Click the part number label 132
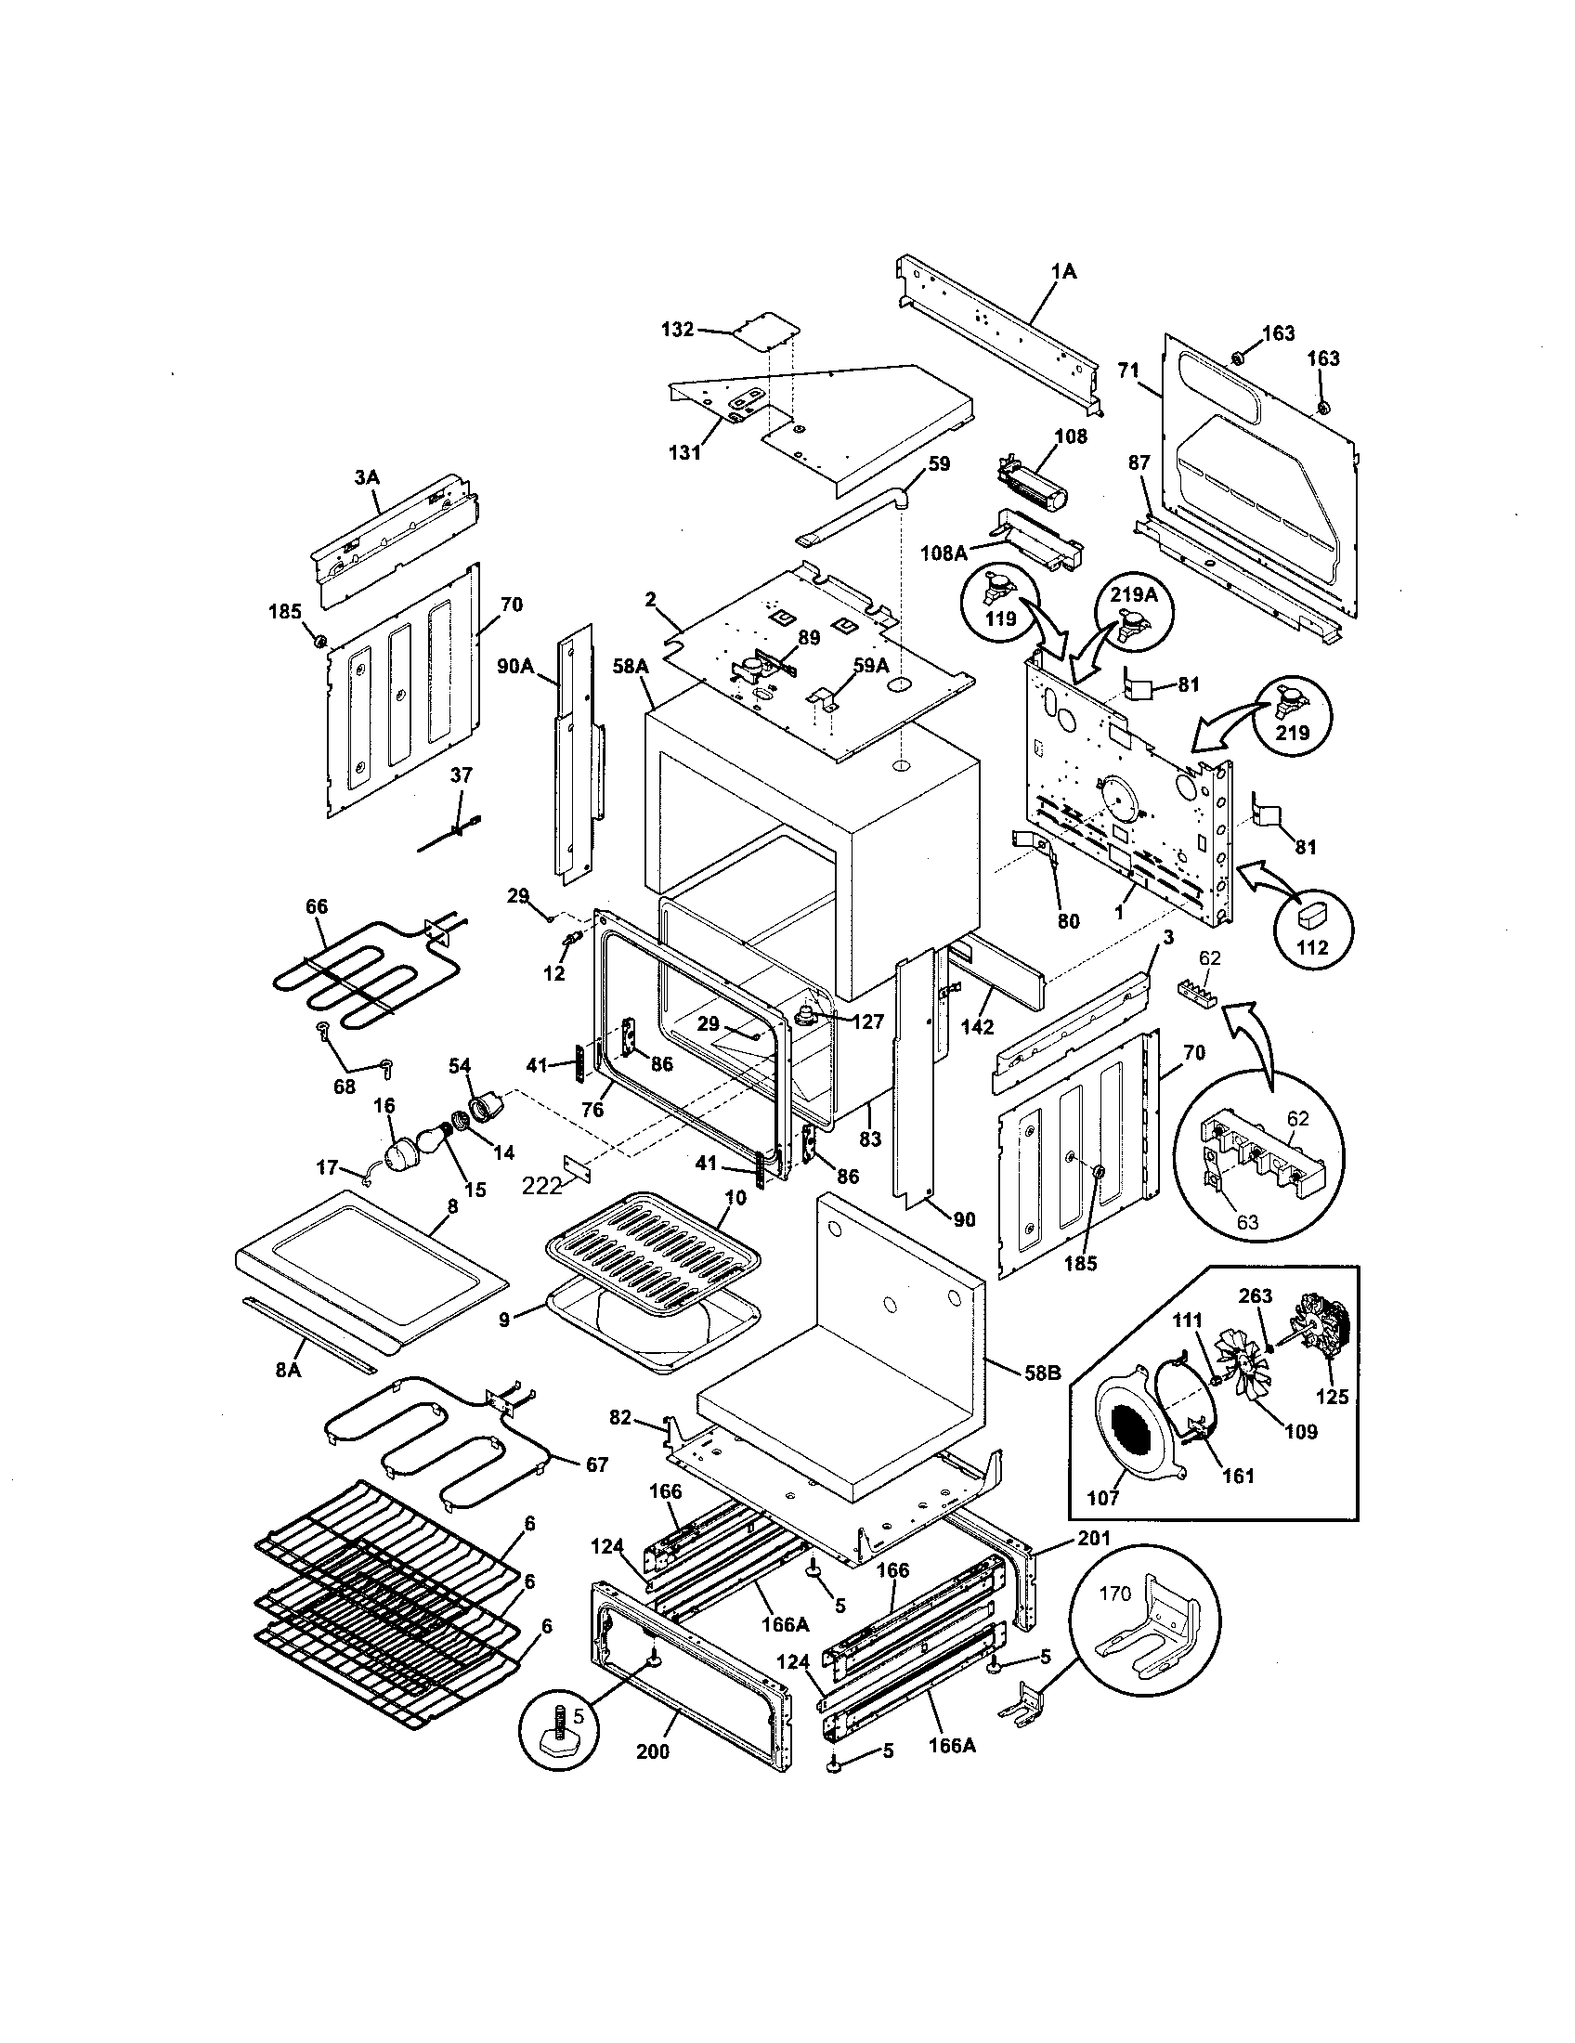pyautogui.click(x=677, y=330)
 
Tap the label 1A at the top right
pyautogui.click(x=1063, y=272)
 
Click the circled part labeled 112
pyautogui.click(x=1311, y=922)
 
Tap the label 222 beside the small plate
pyautogui.click(x=541, y=1185)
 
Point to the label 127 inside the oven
pyautogui.click(x=868, y=1022)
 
